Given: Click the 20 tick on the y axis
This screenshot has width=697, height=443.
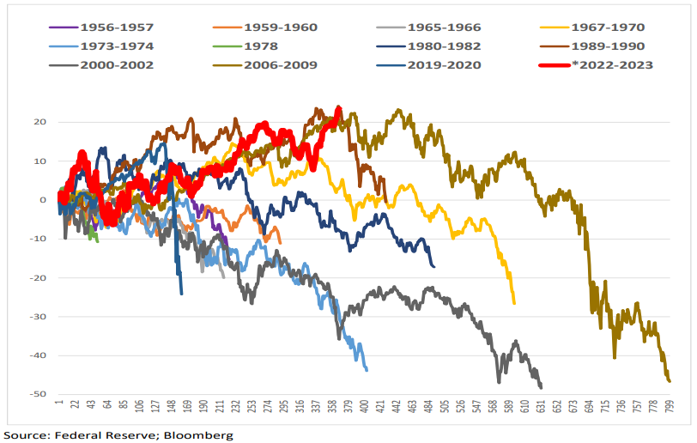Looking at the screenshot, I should pyautogui.click(x=40, y=122).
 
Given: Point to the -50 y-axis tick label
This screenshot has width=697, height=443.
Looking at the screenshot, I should pyautogui.click(x=39, y=395).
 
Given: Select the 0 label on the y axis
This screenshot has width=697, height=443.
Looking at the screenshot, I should pyautogui.click(x=43, y=200).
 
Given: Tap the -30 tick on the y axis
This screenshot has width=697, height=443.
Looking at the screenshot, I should pyautogui.click(x=39, y=317).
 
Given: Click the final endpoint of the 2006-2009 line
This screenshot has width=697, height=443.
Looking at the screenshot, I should pyautogui.click(x=670, y=381).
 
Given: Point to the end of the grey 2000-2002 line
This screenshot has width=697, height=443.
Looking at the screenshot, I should pyautogui.click(x=541, y=387).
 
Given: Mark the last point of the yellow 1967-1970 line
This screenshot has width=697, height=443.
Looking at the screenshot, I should pyautogui.click(x=514, y=303).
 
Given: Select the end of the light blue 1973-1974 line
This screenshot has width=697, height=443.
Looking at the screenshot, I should pyautogui.click(x=367, y=370).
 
